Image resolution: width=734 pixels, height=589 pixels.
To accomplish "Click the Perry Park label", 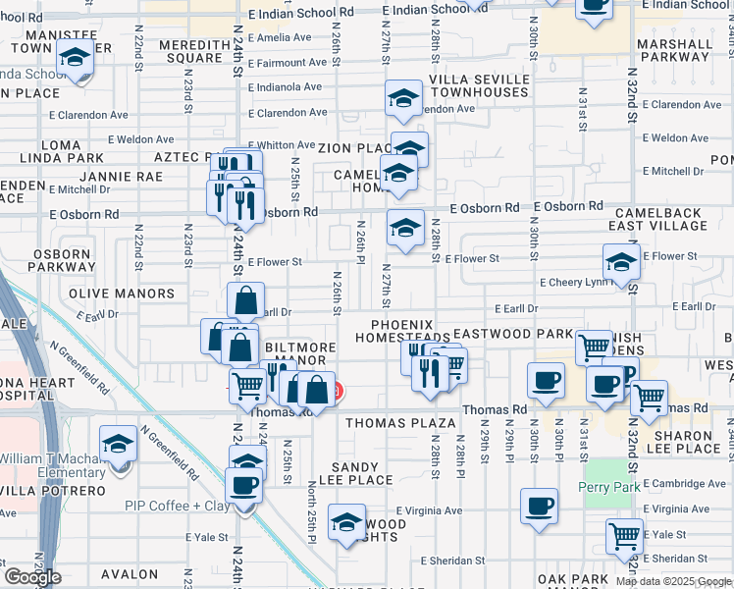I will click(x=613, y=488).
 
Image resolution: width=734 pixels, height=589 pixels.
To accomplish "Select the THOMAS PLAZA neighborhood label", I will click(x=399, y=423).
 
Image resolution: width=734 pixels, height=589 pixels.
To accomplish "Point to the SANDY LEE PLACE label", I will click(x=361, y=473).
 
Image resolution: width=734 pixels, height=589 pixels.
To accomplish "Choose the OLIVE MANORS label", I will click(x=122, y=294).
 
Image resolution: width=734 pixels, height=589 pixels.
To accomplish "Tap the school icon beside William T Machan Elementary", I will click(x=119, y=446).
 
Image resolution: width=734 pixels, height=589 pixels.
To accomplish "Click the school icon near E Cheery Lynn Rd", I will click(x=621, y=262).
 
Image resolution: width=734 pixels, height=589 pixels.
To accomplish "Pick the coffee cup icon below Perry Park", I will click(x=538, y=507).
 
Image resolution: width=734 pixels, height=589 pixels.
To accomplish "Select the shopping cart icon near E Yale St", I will click(x=625, y=536).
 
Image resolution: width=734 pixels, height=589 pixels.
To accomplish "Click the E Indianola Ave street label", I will click(x=286, y=86).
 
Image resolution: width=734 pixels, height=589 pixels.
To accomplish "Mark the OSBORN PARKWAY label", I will click(x=62, y=260).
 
